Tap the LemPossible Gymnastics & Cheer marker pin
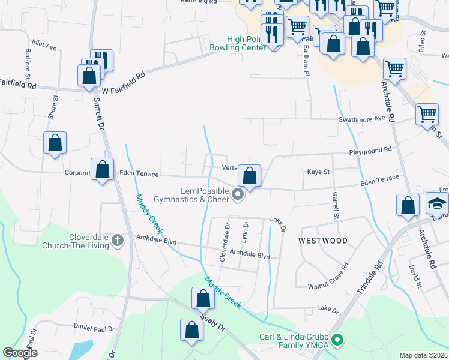(x=238, y=194)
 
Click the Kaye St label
(x=319, y=172)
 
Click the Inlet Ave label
(x=44, y=46)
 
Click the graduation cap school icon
(x=437, y=202)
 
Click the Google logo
(x=20, y=353)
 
